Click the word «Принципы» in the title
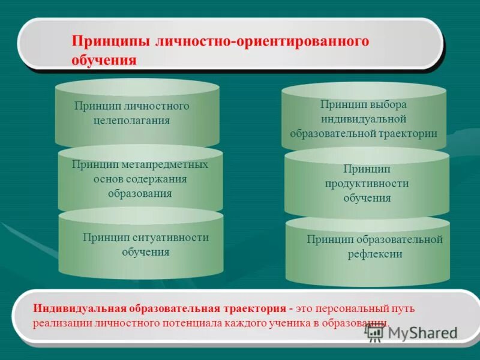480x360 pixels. [x=111, y=42]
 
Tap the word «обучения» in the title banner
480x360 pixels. [x=104, y=60]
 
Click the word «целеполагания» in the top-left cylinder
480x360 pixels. [x=131, y=120]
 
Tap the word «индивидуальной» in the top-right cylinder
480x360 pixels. [x=364, y=119]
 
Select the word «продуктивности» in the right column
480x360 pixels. [x=367, y=183]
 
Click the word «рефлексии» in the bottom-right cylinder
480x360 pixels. [x=374, y=254]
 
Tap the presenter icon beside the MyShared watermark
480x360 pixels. [x=375, y=334]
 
